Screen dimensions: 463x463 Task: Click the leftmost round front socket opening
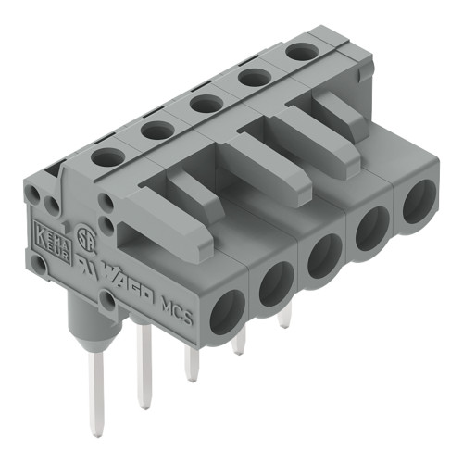(x=227, y=311)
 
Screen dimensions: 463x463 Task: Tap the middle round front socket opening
(x=324, y=256)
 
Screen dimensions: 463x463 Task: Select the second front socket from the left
(x=275, y=284)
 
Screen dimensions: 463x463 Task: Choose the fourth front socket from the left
(x=372, y=227)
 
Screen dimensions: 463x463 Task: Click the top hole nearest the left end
(x=108, y=158)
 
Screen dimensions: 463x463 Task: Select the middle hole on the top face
(x=206, y=104)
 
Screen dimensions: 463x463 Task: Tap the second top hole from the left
(x=158, y=131)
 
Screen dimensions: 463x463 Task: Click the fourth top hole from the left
(x=254, y=78)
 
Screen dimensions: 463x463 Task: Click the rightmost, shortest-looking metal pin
(x=284, y=318)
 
